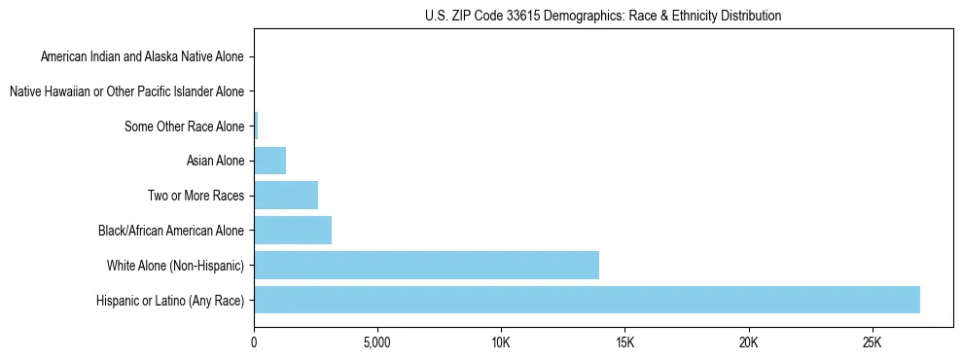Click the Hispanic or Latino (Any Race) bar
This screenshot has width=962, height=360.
pos(587,300)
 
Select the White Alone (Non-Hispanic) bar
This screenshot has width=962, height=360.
pos(426,265)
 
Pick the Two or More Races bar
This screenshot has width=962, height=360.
pos(286,196)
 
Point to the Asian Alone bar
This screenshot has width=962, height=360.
pos(269,161)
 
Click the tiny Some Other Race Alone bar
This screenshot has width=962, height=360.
pos(256,126)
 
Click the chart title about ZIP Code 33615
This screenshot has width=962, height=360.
pos(603,16)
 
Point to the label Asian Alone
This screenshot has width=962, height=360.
pos(216,161)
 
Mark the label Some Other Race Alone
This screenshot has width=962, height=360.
pos(185,126)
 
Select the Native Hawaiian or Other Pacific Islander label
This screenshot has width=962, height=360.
pos(126,91)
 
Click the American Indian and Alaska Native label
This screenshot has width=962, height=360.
pos(142,56)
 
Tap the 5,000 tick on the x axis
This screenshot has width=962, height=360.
pos(377,343)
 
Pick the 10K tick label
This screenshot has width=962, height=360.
pos(501,343)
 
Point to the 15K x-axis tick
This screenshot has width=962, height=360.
pos(624,343)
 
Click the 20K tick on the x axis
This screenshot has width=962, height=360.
pos(748,343)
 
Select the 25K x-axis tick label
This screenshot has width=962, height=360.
pos(872,343)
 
